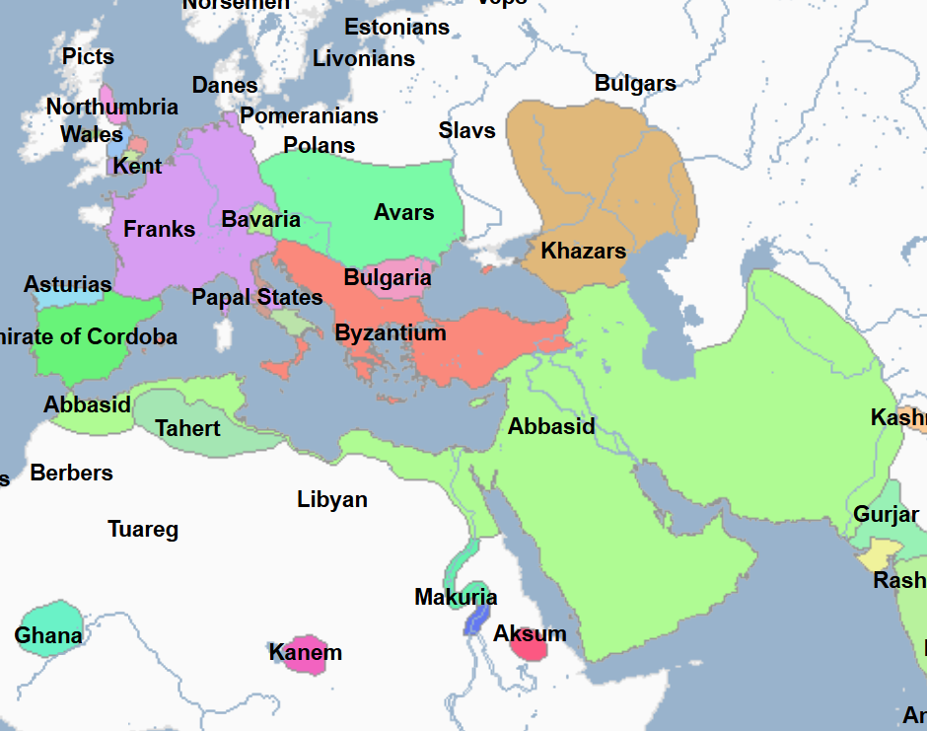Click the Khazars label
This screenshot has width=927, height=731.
tap(583, 251)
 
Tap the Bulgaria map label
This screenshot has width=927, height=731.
tap(388, 277)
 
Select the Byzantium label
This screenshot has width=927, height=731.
tap(391, 332)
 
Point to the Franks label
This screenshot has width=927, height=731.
tap(160, 229)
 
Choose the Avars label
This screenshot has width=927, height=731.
tap(404, 212)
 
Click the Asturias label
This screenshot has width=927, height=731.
tap(68, 285)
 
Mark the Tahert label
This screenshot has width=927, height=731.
tap(188, 428)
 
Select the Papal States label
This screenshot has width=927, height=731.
tap(257, 297)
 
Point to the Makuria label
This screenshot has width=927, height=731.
tap(456, 597)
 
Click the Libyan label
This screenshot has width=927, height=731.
tap(332, 499)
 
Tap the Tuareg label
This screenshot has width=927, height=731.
tap(143, 530)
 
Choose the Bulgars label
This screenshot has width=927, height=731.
tap(635, 83)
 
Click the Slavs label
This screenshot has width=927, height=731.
tap(467, 130)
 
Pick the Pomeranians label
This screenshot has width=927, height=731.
tap(310, 115)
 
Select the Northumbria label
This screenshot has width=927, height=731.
tap(112, 107)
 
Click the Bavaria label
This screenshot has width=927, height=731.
tap(261, 219)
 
